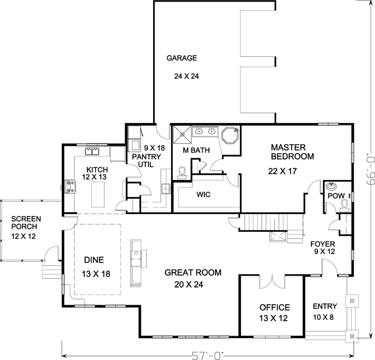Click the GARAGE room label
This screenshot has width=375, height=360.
[182, 58]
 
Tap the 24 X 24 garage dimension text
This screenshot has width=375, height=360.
[187, 76]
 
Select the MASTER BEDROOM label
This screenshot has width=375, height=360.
[292, 152]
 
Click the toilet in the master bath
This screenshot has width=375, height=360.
[182, 172]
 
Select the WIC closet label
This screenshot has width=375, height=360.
[202, 194]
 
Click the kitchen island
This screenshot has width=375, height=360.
[97, 193]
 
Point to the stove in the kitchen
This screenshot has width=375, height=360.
[69, 186]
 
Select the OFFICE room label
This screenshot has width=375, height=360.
[274, 307]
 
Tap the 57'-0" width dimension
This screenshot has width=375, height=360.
[206, 355]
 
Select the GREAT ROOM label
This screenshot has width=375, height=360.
[193, 273]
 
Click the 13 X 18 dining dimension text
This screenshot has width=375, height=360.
[96, 273]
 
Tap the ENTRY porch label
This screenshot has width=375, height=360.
[325, 306]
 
